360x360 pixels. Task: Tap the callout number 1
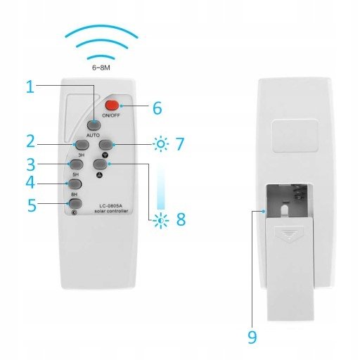pos(30,86)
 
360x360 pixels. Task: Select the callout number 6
pos(156,108)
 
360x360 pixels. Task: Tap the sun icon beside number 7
pos(161,145)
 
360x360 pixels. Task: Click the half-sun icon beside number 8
pos(162,220)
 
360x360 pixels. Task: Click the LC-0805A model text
pos(103,204)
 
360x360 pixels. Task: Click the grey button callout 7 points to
pos(105,145)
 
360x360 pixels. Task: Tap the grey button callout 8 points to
pos(98,164)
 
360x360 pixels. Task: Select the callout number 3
pos(30,165)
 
